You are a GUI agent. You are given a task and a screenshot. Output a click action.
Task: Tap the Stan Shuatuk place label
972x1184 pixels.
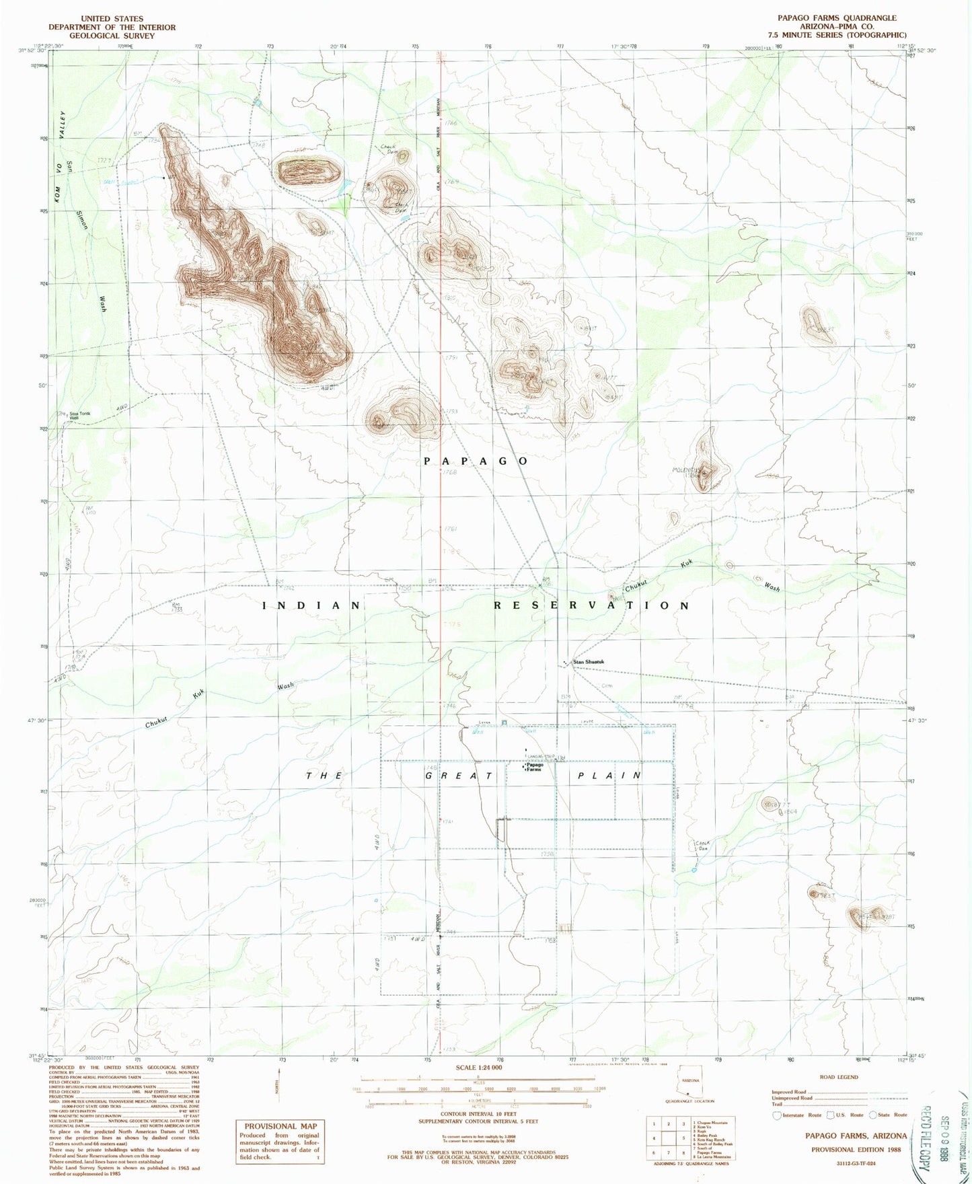(x=588, y=662)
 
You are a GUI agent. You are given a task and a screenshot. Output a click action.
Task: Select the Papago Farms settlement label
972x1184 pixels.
(x=535, y=767)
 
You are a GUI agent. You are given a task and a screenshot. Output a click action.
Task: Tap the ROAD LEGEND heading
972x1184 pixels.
(x=838, y=1077)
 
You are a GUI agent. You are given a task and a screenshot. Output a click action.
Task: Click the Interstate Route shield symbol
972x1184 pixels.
(x=778, y=1115)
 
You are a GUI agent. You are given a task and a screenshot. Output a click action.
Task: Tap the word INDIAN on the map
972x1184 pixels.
(x=311, y=605)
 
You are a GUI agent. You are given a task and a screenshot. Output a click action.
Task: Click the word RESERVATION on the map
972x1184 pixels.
(x=592, y=605)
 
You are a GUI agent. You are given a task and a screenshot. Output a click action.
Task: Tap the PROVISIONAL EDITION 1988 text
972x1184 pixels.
(x=856, y=1149)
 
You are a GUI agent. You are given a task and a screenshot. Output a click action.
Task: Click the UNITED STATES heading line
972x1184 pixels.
(x=111, y=19)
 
